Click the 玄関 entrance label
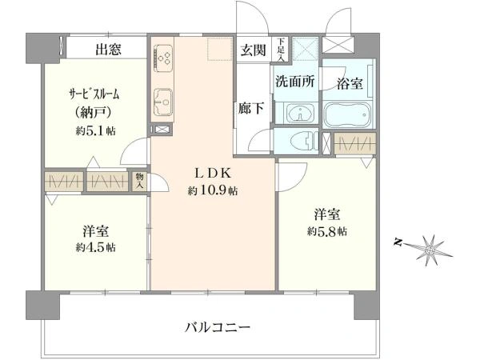pos(253,50)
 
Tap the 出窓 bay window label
pos(108,49)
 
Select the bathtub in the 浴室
pos(347,114)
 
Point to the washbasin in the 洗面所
pos(300,114)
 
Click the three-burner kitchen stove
pos(163,58)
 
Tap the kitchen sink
pos(163,102)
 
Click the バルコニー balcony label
pos(218,327)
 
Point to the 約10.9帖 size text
pos(213,191)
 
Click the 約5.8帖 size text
pos(327,231)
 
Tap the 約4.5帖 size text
pos(95,247)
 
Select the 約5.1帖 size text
pos(95,131)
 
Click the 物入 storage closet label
pos(139,181)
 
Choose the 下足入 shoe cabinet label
pos(281,50)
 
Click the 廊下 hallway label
pos(251,108)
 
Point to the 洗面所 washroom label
pos(294,81)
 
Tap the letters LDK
pos(213,174)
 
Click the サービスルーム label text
pos(94,94)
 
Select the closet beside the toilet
pos(354,143)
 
